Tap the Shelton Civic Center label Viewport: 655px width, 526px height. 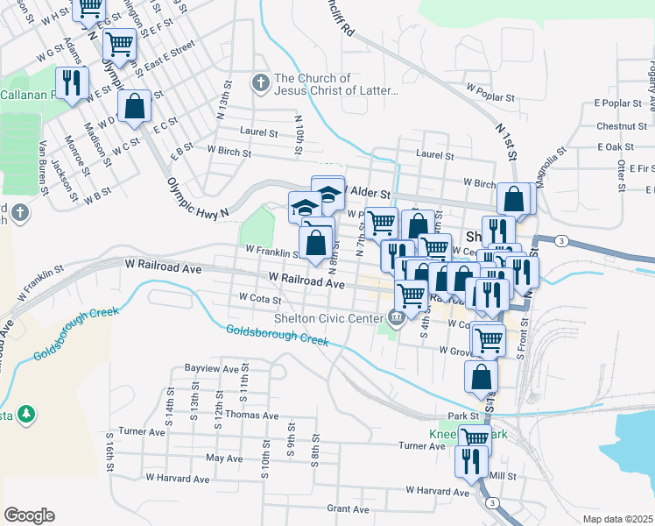[329, 317]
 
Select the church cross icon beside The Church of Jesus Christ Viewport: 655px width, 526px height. [259, 84]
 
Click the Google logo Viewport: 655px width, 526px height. [29, 515]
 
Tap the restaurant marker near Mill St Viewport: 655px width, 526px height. [471, 460]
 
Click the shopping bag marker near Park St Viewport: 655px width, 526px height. [481, 377]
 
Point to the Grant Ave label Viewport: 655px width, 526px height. [348, 508]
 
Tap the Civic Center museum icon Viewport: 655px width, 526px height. [396, 316]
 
